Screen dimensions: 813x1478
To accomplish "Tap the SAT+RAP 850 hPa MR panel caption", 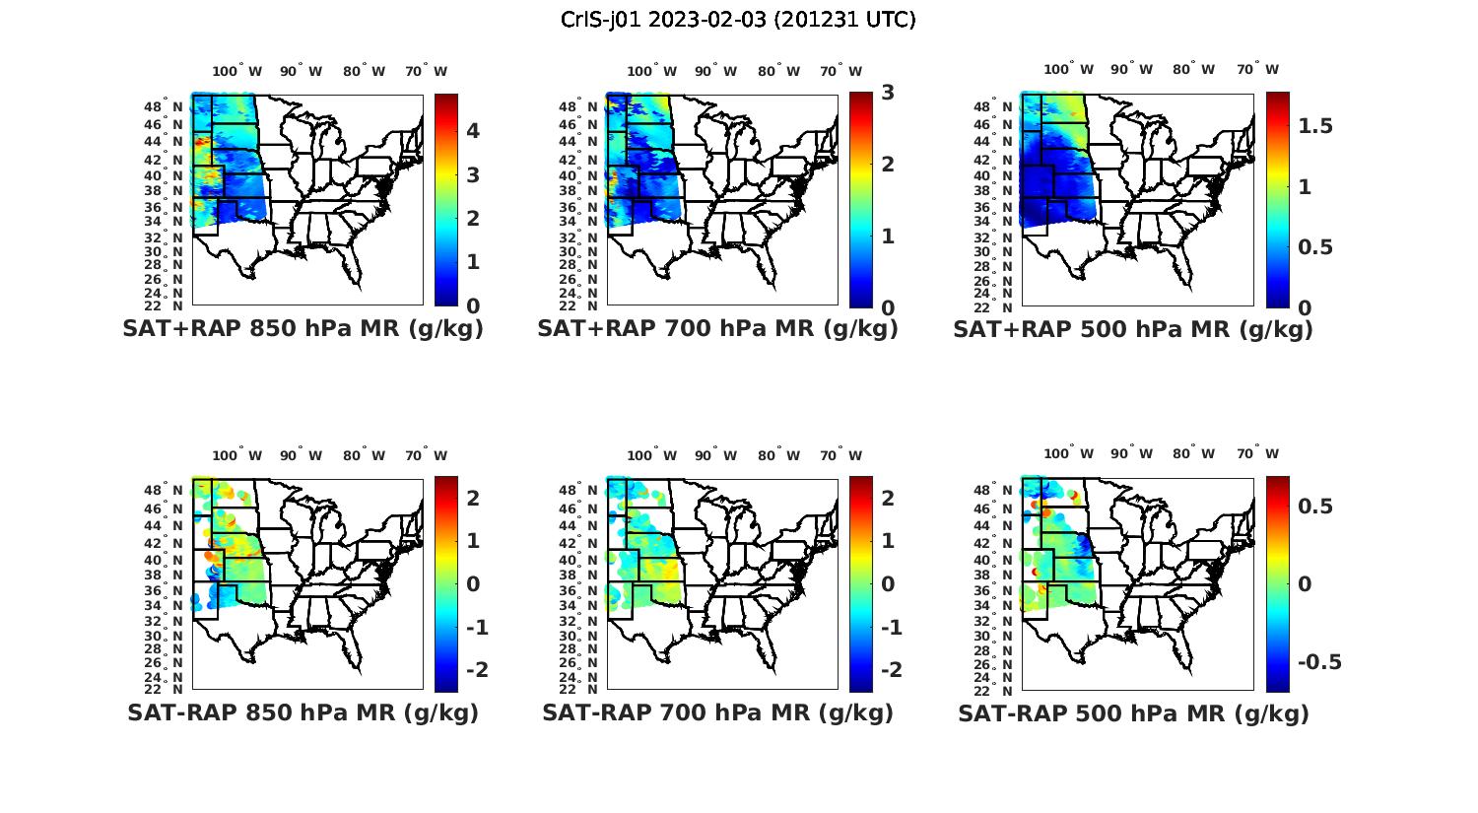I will coord(303,329).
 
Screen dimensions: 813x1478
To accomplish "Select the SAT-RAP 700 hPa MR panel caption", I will coord(717,712).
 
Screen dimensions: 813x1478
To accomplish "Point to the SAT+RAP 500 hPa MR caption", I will coord(1133,329).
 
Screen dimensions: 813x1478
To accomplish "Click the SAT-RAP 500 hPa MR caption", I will coord(1133,713).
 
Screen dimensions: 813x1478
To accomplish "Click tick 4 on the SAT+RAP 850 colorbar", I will coord(473,131).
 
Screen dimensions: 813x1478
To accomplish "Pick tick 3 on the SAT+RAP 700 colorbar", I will coord(888,93).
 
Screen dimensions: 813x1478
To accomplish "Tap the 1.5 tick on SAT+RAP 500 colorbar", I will coord(1315,126).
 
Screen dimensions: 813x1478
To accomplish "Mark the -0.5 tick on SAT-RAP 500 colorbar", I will coord(1319,661).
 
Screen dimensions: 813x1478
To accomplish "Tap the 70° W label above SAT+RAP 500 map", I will coord(1257,70).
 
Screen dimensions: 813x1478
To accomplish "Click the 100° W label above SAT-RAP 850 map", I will coord(237,455).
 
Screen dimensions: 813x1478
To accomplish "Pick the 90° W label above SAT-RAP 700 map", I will coord(716,455).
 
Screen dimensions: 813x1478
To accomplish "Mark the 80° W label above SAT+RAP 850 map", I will coord(365,71).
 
